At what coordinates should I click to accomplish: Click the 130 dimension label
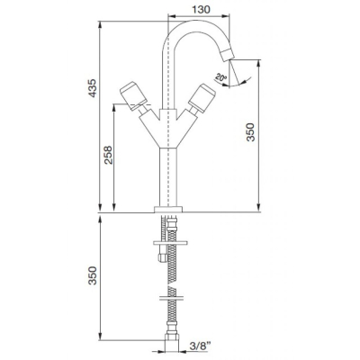tap(201, 9)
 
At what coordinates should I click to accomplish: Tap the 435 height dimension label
tap(93, 88)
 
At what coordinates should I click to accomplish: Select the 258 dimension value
tap(108, 155)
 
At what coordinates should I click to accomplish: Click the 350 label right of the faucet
tap(250, 132)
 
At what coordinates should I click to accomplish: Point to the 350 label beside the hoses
tap(93, 275)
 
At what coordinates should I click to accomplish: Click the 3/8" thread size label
tap(200, 346)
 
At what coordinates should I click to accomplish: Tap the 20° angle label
tap(221, 78)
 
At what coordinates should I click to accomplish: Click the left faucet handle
tap(133, 94)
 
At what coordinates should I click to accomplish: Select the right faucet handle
tap(202, 99)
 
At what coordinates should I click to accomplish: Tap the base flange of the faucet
tap(168, 210)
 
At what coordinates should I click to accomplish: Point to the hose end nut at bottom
tap(172, 346)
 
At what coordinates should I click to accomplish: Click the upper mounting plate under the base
tap(170, 243)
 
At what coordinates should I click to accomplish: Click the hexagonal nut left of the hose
tap(163, 257)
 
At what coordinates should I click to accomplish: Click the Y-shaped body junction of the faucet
tap(168, 129)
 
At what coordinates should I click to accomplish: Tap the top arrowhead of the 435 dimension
tap(100, 25)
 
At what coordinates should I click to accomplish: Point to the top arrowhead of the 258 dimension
tap(114, 108)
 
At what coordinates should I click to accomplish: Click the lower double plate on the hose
tap(172, 299)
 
